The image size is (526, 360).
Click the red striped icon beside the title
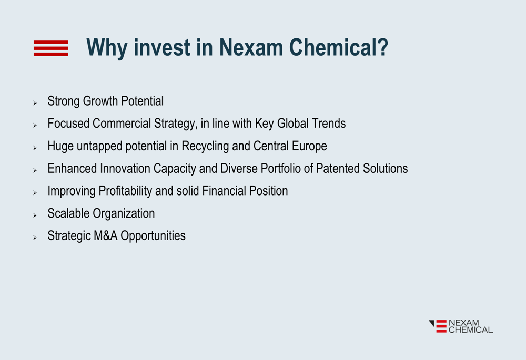(51, 48)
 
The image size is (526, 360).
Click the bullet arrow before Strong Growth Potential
(35, 103)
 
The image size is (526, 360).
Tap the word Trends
(328, 124)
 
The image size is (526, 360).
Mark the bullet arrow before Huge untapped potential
(35, 148)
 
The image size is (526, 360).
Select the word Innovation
(125, 168)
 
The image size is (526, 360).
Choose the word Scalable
(68, 213)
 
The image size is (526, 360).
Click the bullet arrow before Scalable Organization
(35, 215)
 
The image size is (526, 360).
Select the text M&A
(106, 235)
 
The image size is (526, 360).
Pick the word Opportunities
(153, 236)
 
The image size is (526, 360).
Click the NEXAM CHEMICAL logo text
(471, 326)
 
